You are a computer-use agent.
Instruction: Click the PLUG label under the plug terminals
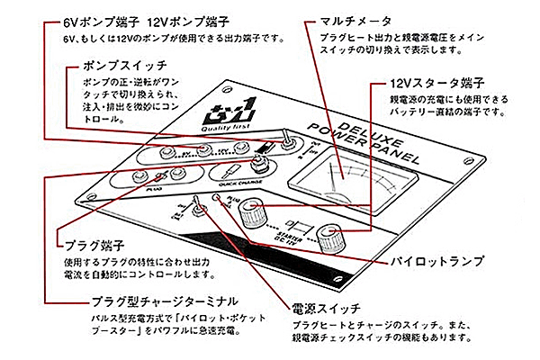pos(149,191)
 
